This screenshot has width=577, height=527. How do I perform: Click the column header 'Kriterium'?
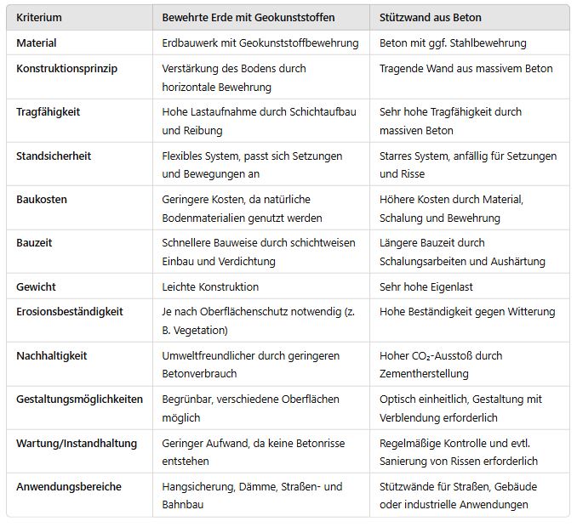coord(39,17)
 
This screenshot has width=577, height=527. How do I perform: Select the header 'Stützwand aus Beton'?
coord(433,17)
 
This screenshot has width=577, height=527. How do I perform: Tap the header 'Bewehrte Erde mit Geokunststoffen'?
coord(249,17)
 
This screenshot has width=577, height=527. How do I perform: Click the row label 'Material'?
coord(37,42)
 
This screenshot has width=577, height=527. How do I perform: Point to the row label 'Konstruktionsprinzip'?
coord(66,68)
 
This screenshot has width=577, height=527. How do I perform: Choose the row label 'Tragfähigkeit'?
coord(49,111)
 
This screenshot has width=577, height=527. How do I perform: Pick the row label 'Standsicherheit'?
coord(54,156)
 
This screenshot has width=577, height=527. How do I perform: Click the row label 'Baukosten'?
coord(42,199)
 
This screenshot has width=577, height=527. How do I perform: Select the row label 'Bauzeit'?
coord(34,242)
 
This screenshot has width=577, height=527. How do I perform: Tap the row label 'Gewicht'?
coord(37,286)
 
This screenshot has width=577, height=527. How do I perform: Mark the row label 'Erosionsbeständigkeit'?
coord(70,311)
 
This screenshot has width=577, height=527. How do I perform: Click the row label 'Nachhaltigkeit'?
coord(52,355)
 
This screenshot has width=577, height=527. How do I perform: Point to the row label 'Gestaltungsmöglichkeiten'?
coord(80,399)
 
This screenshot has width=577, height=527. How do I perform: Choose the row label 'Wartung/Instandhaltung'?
coord(76,443)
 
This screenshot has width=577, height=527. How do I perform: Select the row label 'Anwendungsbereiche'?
coord(69,486)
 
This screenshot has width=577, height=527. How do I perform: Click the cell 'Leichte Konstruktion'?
coord(210,286)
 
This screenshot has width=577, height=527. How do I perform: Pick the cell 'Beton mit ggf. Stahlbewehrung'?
coord(453,42)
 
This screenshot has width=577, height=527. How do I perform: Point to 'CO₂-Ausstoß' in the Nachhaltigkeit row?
coord(444,355)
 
